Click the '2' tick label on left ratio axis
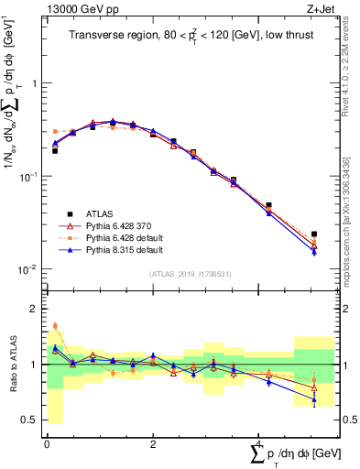pos(35,309)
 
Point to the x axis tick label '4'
pos(258,443)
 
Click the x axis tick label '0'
pos(46,443)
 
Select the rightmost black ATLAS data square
pos(314,234)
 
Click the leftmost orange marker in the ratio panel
pos(55,325)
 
